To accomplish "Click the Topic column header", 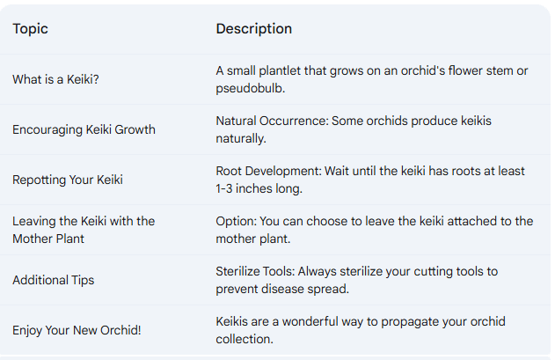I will [30, 29].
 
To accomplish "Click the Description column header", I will [253, 29].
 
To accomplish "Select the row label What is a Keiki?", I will [55, 79].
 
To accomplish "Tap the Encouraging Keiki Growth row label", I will [84, 129].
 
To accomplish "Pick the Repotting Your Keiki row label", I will [68, 180].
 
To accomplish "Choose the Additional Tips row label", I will [53, 280].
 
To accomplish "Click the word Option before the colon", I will [236, 221].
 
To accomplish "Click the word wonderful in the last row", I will [307, 321].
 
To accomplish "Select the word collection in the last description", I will [245, 339].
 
